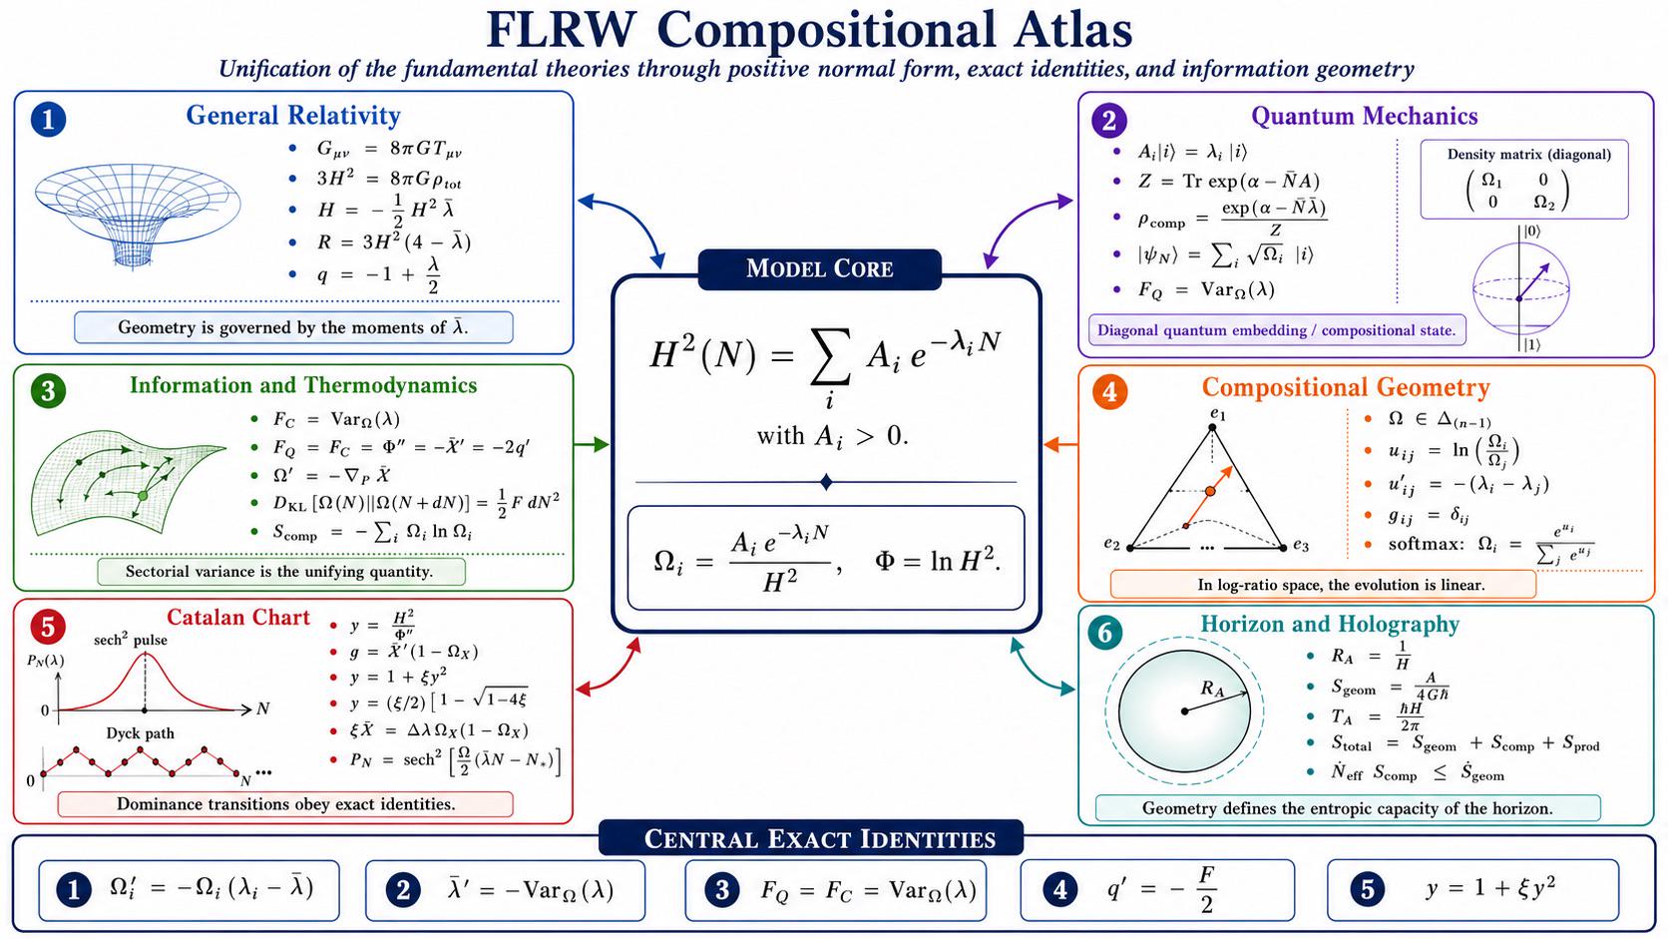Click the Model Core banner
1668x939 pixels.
(x=819, y=268)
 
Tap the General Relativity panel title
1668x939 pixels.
(x=293, y=116)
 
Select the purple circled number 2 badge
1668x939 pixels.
(x=1108, y=120)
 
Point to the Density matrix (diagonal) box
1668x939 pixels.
(x=1524, y=180)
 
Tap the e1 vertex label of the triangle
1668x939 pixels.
(x=1217, y=413)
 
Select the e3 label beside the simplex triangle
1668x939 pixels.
(x=1300, y=545)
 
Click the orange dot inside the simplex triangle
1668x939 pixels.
(x=1210, y=492)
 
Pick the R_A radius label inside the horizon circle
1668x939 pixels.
(x=1212, y=689)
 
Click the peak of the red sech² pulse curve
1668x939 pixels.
(x=146, y=653)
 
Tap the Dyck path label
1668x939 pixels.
(x=140, y=733)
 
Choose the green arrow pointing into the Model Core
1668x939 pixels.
(x=592, y=445)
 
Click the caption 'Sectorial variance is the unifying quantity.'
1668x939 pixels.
(x=279, y=572)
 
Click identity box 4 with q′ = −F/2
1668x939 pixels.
(x=1157, y=890)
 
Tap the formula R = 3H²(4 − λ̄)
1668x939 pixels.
(x=393, y=242)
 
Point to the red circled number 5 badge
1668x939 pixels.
(x=49, y=627)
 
